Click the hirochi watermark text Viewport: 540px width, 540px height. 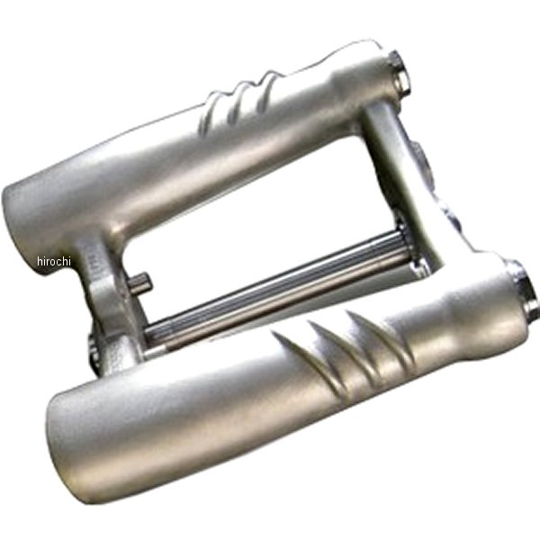point(54,261)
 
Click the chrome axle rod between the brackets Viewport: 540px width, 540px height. point(275,289)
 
